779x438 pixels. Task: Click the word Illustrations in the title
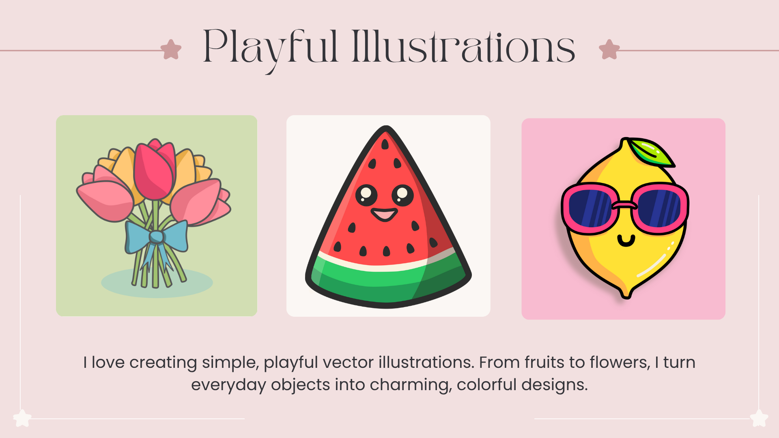(x=463, y=47)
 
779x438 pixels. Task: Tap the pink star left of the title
(x=171, y=49)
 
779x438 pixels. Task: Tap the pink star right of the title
(x=609, y=49)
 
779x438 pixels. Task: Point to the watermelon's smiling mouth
(x=384, y=214)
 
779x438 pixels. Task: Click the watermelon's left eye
(x=366, y=195)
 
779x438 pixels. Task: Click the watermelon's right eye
(x=402, y=195)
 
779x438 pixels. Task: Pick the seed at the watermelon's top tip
(x=385, y=144)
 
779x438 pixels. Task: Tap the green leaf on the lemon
(x=651, y=152)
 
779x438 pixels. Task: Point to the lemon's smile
(x=626, y=241)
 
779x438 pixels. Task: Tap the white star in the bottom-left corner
(x=22, y=418)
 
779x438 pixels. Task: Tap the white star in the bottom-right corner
(x=759, y=418)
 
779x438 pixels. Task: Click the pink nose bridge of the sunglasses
(x=625, y=205)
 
